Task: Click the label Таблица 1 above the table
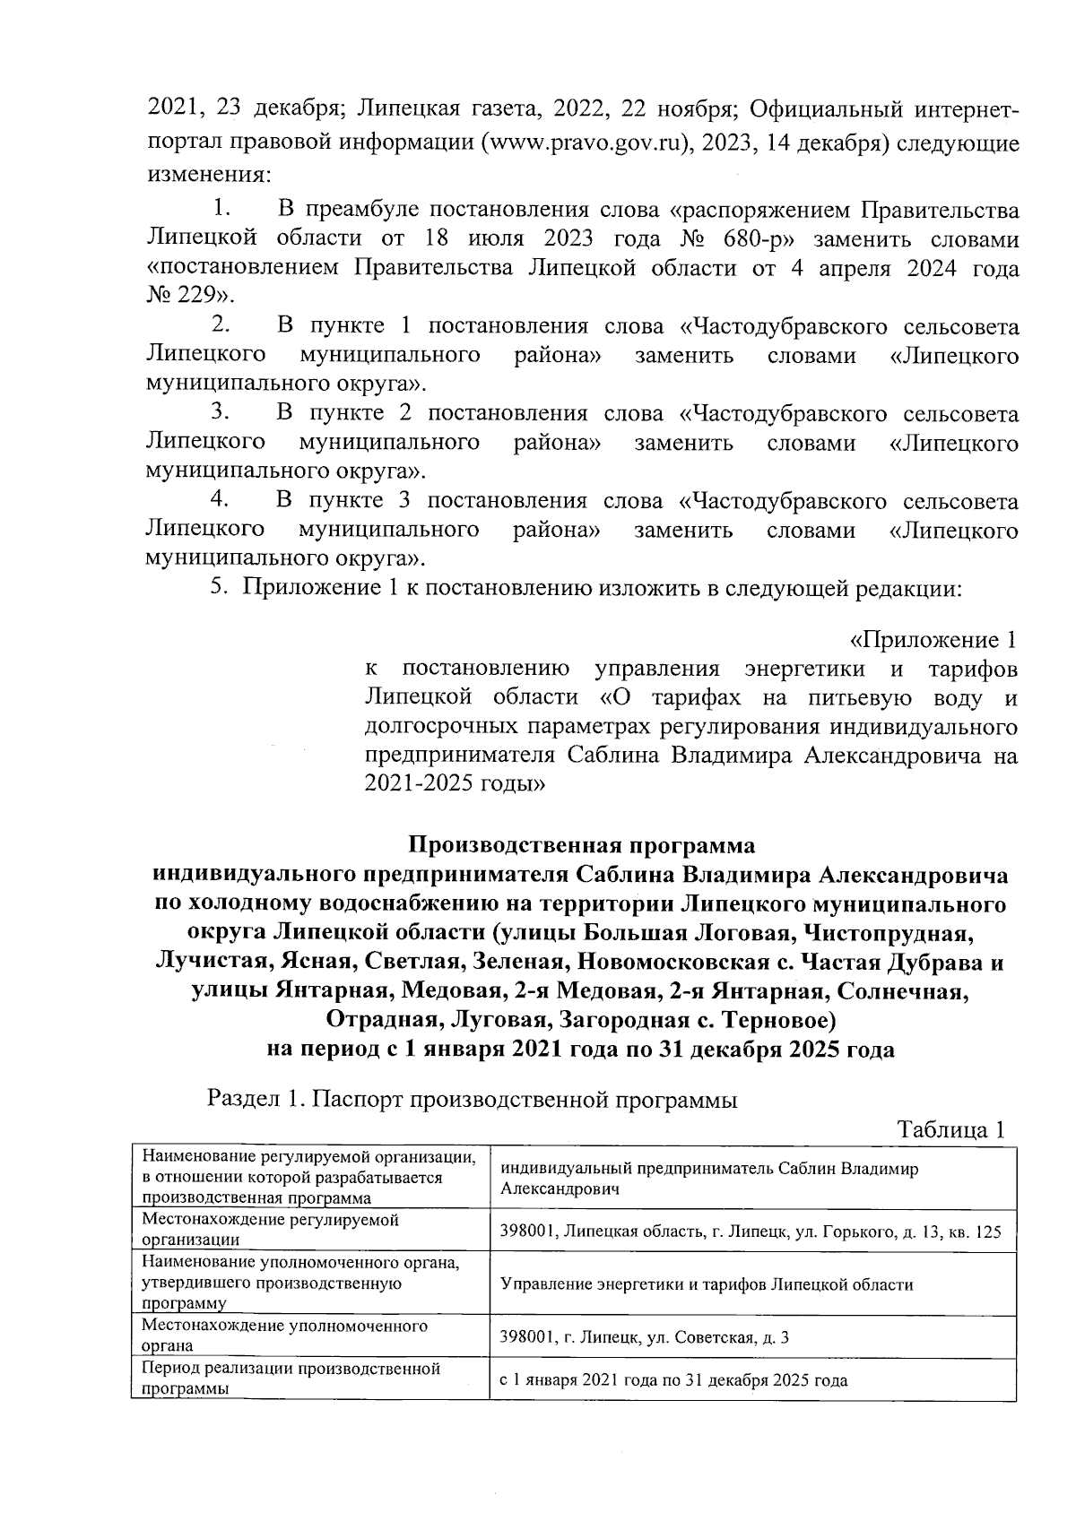click(950, 1130)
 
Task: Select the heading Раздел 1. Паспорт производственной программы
click(473, 1099)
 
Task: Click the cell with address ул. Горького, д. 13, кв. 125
click(750, 1231)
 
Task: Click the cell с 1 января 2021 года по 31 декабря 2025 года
click(673, 1380)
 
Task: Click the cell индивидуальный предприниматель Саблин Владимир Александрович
click(708, 1179)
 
